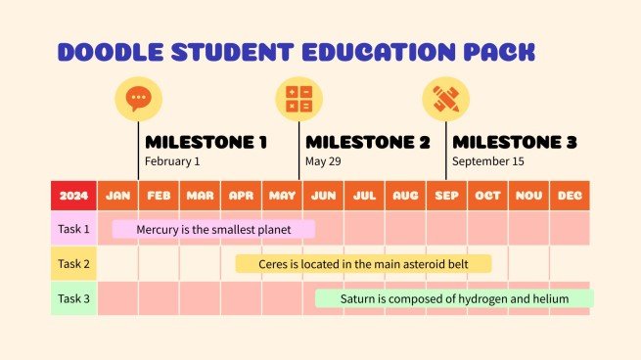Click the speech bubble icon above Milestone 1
(138, 99)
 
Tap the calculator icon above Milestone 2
(298, 99)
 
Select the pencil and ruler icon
(445, 99)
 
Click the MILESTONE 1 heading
(206, 142)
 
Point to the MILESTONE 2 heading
(367, 142)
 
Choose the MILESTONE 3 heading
(514, 142)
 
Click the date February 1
(172, 161)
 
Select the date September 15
(487, 161)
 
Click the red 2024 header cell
(73, 196)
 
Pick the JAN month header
(118, 196)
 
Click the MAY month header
(282, 196)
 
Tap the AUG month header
(405, 196)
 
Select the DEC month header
(570, 196)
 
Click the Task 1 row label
(73, 230)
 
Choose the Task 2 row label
(73, 264)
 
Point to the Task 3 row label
(73, 298)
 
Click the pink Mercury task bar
(213, 230)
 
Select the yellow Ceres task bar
(363, 264)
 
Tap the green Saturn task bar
(454, 298)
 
